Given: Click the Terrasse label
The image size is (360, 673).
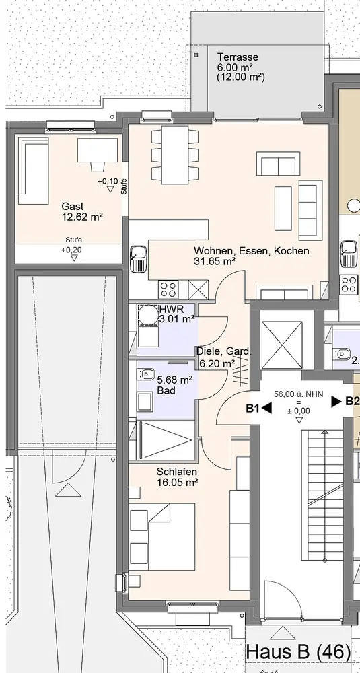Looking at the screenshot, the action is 238,57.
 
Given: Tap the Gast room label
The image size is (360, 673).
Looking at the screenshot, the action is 73,207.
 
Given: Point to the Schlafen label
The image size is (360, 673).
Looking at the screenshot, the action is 177,472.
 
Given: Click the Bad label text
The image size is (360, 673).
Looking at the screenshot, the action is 166,390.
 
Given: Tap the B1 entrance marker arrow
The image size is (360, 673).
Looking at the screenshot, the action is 266,409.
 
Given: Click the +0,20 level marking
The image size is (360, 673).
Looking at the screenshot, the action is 71,250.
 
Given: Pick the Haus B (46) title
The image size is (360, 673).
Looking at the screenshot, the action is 299,652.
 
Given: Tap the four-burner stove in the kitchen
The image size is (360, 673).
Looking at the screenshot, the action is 169,289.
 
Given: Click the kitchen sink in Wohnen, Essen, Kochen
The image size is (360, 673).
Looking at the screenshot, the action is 138,258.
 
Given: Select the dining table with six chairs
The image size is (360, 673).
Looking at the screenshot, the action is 175,155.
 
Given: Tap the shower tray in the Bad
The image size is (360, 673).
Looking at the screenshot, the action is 164,440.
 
